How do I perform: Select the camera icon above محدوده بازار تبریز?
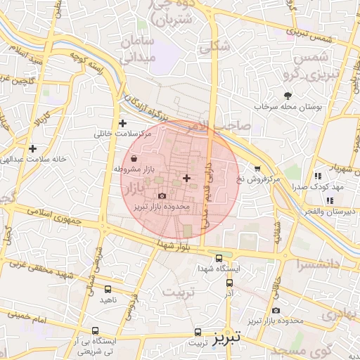[162, 196]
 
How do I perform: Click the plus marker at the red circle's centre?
[186, 178]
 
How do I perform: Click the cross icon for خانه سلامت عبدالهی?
[33, 148]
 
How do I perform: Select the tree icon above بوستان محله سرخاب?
[287, 96]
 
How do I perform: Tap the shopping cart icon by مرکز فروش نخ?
[257, 169]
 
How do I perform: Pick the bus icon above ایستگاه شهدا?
[220, 259]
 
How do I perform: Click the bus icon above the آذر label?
[230, 283]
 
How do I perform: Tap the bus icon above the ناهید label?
[108, 289]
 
